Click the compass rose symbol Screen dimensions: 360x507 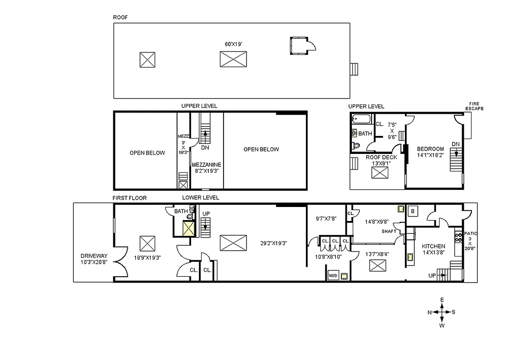(442, 312)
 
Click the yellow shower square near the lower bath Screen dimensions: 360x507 (188, 229)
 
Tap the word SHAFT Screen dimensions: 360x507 (389, 231)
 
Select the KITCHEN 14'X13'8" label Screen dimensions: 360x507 (433, 249)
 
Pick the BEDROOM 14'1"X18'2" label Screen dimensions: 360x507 (430, 152)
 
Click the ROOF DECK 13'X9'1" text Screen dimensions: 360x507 (381, 160)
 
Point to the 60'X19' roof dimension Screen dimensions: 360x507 (233, 44)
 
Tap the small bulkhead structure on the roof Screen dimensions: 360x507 (299, 45)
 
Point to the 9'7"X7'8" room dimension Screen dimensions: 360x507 (327, 219)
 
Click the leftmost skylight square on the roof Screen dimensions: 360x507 (147, 59)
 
